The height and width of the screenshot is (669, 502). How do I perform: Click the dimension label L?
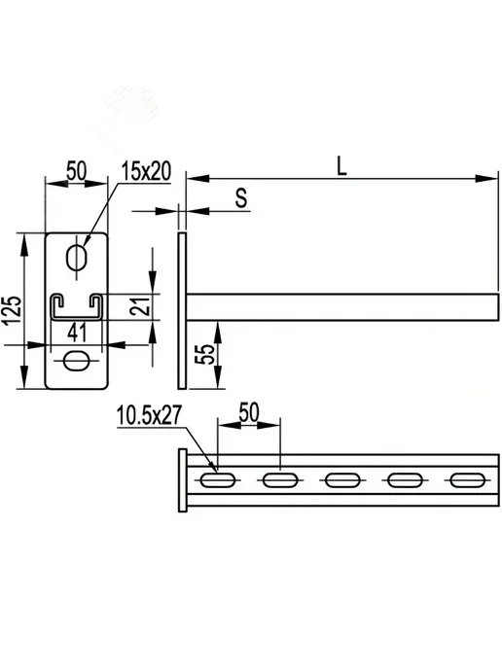point(341,166)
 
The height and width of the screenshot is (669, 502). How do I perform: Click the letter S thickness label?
point(241,198)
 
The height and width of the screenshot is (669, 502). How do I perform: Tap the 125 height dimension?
point(14,310)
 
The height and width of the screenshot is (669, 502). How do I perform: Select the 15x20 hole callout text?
point(146,171)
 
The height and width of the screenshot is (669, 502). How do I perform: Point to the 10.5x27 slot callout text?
point(149,415)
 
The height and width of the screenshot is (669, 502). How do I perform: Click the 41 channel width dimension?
point(77,333)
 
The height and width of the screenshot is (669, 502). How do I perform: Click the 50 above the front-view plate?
point(77,170)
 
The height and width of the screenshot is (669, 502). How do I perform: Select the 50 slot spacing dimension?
point(249,412)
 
